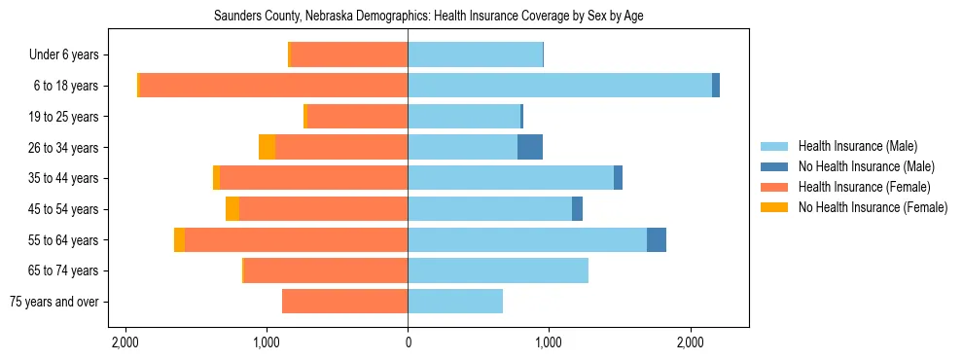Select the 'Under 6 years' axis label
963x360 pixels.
coord(69,55)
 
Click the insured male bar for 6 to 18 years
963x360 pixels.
coord(559,86)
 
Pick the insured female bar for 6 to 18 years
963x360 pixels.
coord(273,86)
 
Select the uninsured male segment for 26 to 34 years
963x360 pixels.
coord(530,147)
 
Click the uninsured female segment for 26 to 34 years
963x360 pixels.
coord(267,147)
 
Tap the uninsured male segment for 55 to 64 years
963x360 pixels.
coord(657,239)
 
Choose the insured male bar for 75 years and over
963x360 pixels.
coord(455,302)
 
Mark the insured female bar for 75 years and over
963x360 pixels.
coord(344,302)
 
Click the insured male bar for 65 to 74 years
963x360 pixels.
coord(498,270)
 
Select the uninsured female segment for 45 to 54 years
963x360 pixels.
coord(232,209)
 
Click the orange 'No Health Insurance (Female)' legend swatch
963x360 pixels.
coord(774,207)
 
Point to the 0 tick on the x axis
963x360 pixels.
coord(408,342)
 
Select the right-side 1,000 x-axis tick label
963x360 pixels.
coord(549,342)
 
